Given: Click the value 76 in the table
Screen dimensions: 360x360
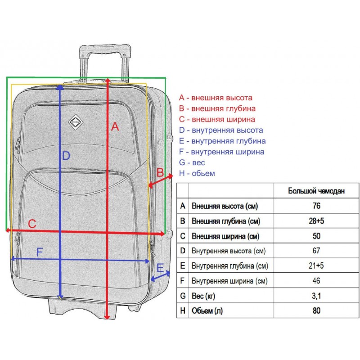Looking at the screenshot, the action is coord(316,206).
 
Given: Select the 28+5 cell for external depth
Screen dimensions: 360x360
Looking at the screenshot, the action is coord(316,221).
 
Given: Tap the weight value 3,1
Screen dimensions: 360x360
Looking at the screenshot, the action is coord(316,296).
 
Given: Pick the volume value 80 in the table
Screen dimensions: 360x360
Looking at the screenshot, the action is coord(316,310).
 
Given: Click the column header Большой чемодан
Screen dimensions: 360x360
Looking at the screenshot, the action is coord(316,191).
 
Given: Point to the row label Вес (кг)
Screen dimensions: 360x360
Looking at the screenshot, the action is coord(203,296).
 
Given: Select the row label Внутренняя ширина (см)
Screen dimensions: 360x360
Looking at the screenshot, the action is coord(229,281).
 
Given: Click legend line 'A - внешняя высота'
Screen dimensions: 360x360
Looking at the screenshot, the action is coord(216,98).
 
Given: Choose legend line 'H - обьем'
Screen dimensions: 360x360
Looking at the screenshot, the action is coord(197,173).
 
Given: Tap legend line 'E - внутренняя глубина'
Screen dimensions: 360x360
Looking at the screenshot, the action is coord(222,141).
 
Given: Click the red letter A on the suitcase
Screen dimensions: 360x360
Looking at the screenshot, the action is coord(115,126).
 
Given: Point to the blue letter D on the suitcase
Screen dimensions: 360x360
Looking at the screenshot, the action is coord(66,156).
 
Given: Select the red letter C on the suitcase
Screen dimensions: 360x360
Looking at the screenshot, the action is coord(32,224).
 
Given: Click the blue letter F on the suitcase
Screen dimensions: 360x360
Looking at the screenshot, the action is coord(40,252).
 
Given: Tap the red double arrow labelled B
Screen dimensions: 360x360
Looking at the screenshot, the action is coord(161,181).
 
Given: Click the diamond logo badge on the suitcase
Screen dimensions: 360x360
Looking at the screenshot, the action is coord(76,122).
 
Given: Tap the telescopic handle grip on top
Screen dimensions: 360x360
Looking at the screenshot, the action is coord(105,49).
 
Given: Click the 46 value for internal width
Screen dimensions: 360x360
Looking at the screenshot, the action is coord(316,281).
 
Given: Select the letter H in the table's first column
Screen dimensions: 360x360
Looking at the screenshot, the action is coord(183,310).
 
